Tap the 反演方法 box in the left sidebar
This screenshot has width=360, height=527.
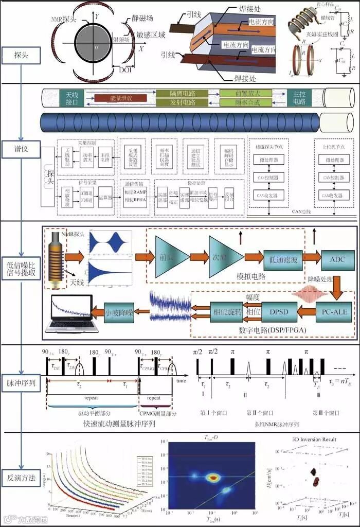pyautogui.click(x=22, y=478)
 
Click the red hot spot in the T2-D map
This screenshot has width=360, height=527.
pyautogui.click(x=212, y=478)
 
